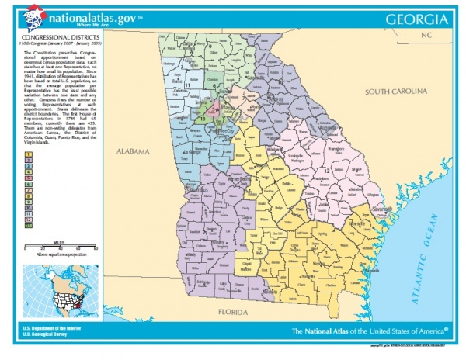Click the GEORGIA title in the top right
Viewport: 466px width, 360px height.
tap(418, 18)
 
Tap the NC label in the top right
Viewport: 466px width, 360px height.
tap(425, 36)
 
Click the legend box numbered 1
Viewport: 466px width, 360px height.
tap(29, 157)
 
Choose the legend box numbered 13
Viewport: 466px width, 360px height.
tap(29, 226)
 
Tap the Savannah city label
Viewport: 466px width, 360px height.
tap(378, 209)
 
